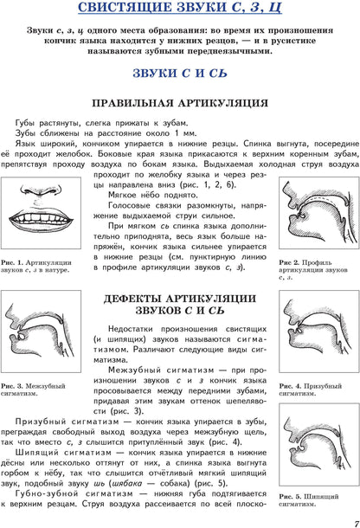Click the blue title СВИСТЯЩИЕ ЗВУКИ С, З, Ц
[x=179, y=11]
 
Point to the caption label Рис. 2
[x=288, y=262]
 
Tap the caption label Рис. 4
[x=288, y=384]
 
